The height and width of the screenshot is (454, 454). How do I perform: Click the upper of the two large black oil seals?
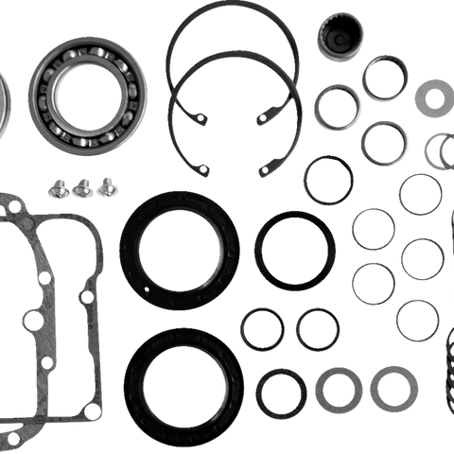coord(179,250)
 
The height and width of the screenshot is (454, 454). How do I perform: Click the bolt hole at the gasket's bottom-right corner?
coord(91,408)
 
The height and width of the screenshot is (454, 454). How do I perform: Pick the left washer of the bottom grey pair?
coord(339,389)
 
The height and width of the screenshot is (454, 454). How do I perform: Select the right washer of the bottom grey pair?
coord(393,389)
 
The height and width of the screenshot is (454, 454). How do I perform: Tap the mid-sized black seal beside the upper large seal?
coord(294,250)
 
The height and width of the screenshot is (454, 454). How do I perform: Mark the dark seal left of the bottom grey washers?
coord(281,392)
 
